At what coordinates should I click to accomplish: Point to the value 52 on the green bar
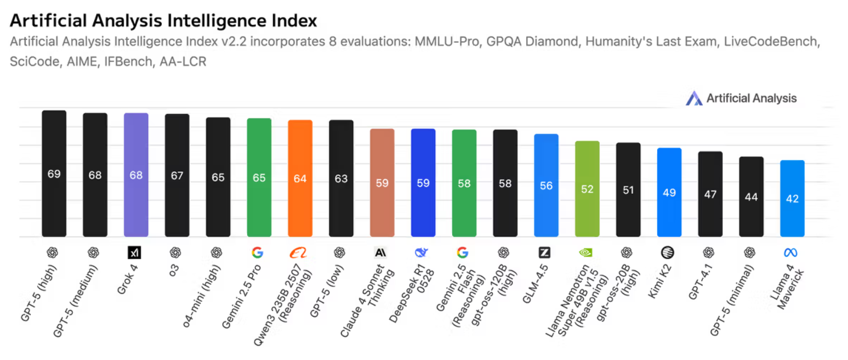[x=587, y=189]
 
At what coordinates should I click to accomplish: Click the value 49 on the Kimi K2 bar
[x=669, y=193]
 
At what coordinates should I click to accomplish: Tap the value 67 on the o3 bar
[x=177, y=175]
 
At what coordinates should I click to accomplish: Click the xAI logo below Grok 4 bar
[x=135, y=252]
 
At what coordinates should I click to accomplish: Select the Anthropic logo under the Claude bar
[x=380, y=252]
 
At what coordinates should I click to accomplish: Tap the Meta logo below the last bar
[x=790, y=252]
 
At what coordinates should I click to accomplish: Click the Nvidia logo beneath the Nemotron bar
[x=585, y=252]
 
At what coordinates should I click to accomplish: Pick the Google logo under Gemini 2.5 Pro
[x=257, y=252]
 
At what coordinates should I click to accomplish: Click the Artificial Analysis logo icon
[x=694, y=98]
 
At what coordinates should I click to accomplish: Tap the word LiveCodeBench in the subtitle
[x=771, y=42]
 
